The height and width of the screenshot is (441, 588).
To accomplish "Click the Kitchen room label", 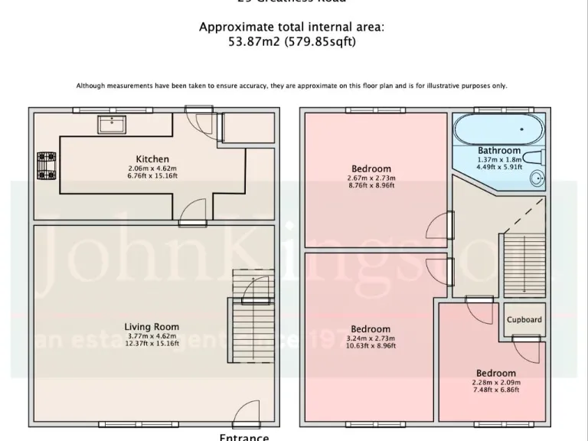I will (152, 159).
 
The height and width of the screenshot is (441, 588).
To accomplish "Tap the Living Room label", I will (152, 327).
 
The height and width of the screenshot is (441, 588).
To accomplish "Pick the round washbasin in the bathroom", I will (538, 179).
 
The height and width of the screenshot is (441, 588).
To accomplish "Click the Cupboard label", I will (524, 320).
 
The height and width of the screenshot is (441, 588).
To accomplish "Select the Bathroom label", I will (499, 151).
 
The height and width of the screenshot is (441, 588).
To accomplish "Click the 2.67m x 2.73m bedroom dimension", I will (371, 178).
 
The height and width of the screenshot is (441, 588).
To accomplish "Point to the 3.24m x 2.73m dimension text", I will (371, 338).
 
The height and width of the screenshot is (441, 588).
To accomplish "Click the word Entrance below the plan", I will (244, 436).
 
